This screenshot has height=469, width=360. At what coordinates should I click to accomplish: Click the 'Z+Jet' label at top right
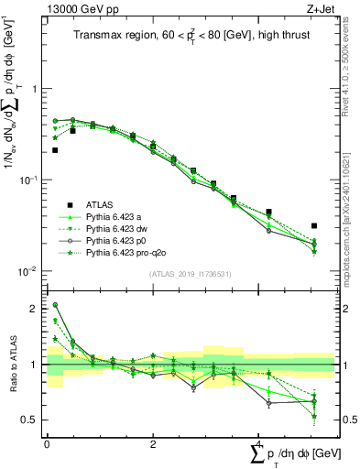point(322,8)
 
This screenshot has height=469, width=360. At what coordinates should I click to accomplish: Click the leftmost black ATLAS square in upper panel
point(55,150)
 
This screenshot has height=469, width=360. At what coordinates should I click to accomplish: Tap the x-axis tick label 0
point(47,444)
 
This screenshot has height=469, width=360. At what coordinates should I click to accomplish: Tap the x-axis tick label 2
point(152,444)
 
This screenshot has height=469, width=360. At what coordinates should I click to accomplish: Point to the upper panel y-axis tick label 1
point(36,88)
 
